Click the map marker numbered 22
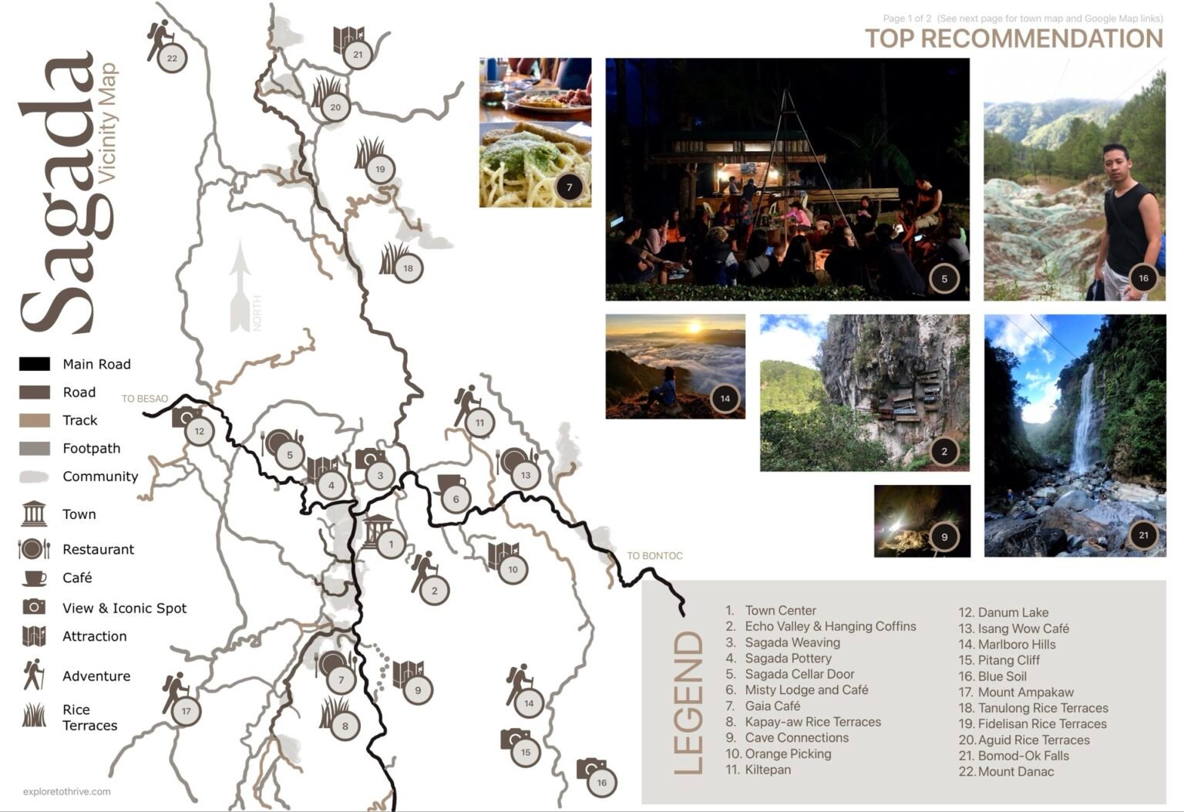171,58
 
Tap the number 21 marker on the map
358,55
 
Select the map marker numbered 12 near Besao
200,431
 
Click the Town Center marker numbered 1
391,544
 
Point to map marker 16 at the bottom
601,782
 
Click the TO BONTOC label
654,555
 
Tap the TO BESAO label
145,399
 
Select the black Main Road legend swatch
35,364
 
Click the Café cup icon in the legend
34,578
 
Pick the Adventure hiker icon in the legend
33,675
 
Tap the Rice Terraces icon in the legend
34,715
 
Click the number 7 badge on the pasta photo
569,187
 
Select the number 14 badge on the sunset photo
725,398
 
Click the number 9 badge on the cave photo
944,537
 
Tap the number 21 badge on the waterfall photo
1143,534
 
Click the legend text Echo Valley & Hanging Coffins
830,626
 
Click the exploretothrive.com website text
67,791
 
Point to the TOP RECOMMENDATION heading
1013,39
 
